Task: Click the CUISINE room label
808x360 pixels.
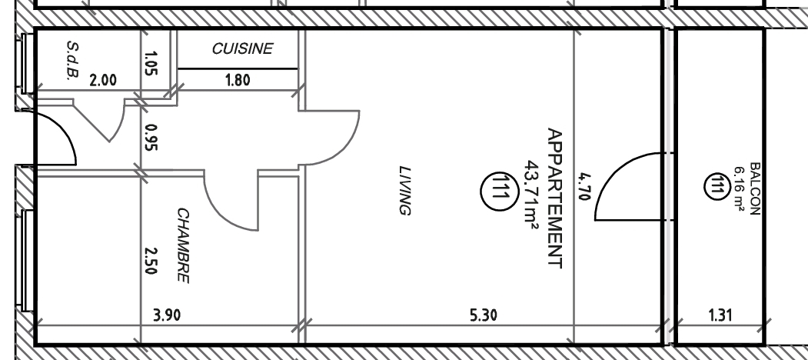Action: (x=242, y=48)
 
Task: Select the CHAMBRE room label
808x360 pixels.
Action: (x=183, y=245)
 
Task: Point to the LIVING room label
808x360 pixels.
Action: (x=405, y=190)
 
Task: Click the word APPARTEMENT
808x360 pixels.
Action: (x=554, y=198)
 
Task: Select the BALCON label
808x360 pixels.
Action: (x=755, y=188)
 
